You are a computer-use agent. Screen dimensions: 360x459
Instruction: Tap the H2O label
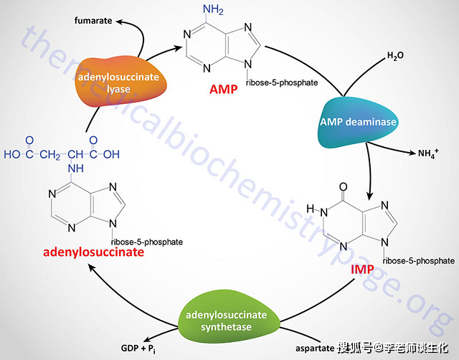tap(396, 56)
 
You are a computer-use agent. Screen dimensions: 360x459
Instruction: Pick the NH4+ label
tap(422, 153)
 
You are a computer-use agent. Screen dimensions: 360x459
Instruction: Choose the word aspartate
tap(315, 349)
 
